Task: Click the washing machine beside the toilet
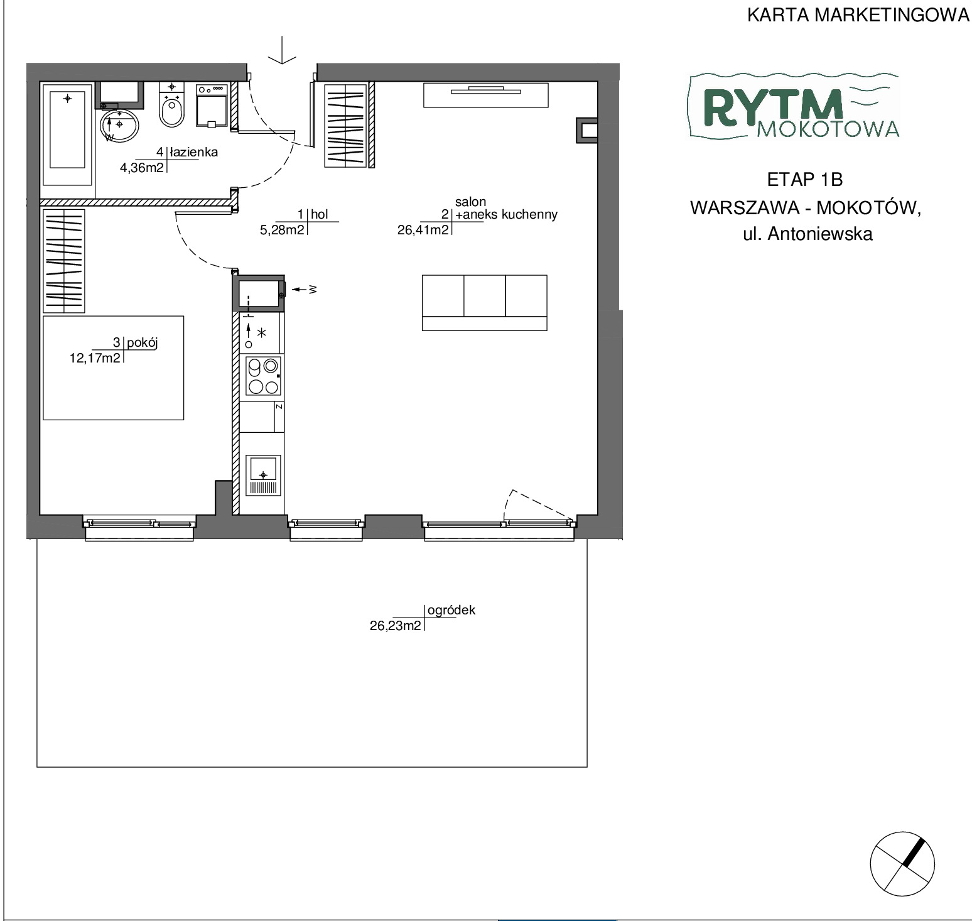[212, 106]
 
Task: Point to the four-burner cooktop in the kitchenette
[262, 376]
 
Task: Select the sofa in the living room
[484, 303]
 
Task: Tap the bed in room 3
[113, 368]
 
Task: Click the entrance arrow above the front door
[283, 50]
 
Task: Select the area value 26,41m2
[423, 230]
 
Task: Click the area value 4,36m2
[143, 167]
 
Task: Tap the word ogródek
[451, 610]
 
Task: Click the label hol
[319, 215]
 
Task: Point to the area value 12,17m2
[95, 359]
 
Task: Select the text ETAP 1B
[805, 180]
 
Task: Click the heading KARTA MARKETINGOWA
[858, 16]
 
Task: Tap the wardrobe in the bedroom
[63, 261]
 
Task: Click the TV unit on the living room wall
[485, 94]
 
